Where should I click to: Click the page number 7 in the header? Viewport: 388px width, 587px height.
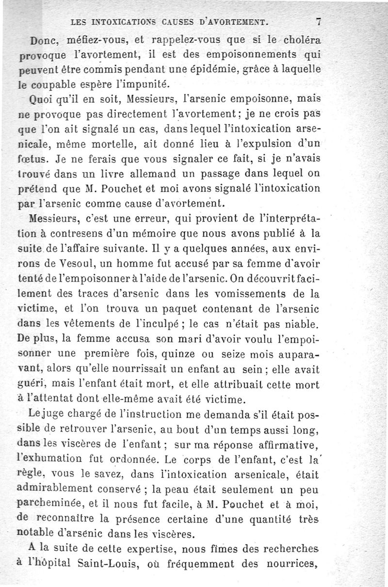pos(319,21)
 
